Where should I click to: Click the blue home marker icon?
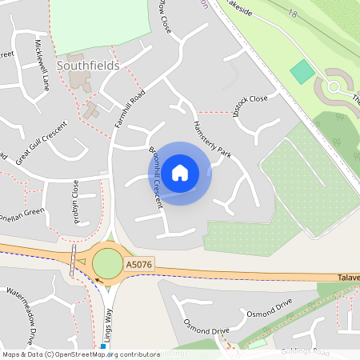[x=180, y=172]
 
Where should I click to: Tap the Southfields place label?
[x=88, y=66]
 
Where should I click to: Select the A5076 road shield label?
[x=138, y=263]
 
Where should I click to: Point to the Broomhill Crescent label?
[x=156, y=178]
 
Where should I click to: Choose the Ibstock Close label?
[x=247, y=99]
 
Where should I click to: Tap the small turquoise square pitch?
[x=302, y=72]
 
